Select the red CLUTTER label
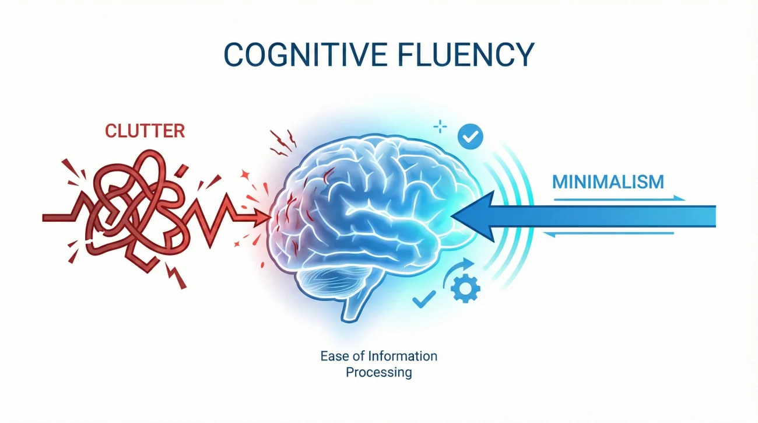click(145, 131)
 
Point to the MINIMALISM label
click(608, 181)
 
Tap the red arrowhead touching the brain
click(262, 218)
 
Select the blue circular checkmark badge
click(470, 137)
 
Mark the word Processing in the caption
click(378, 372)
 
